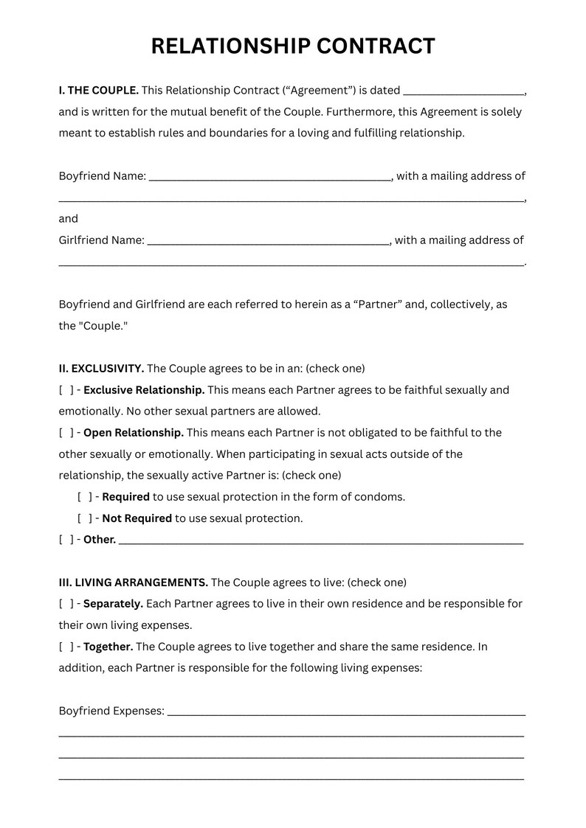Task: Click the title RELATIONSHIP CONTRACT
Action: tap(293, 46)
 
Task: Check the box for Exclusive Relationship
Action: tap(66, 390)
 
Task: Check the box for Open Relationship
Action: tap(66, 433)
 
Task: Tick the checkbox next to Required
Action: tap(84, 497)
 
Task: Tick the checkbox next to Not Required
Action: tap(84, 518)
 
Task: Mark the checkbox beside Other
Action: tap(66, 540)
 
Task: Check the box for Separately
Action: tap(66, 604)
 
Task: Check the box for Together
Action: tap(66, 647)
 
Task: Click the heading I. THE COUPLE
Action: tap(99, 91)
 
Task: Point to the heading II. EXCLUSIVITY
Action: tap(102, 369)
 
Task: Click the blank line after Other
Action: tap(320, 542)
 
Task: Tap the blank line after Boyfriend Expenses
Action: tap(346, 713)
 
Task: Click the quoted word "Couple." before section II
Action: tap(103, 326)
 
